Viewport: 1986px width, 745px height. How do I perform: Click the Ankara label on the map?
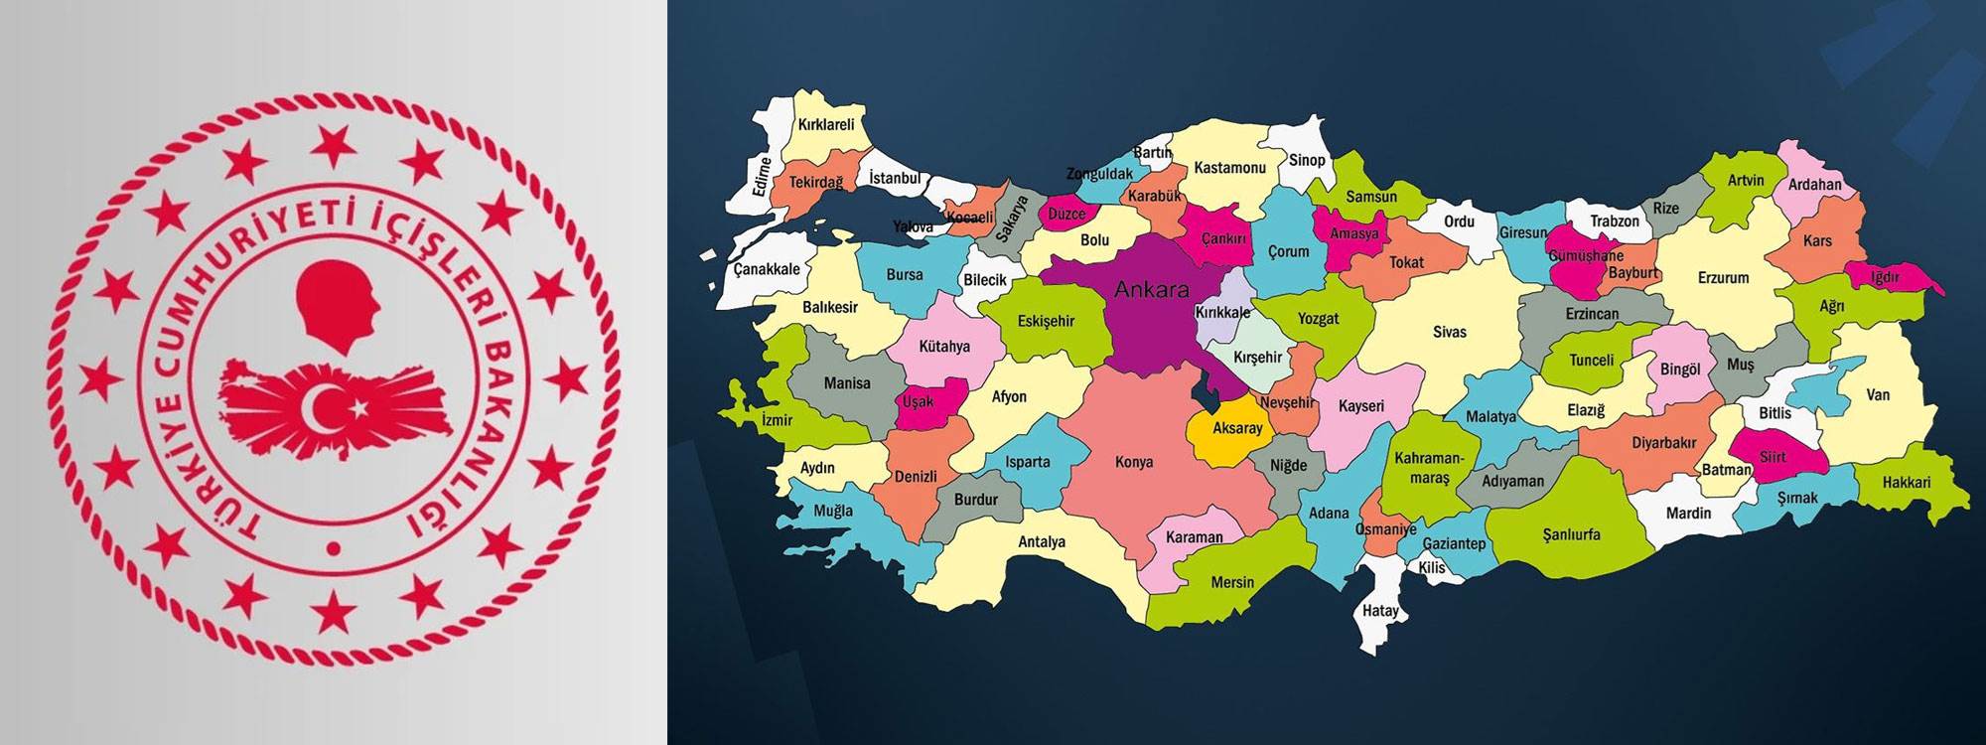pos(1151,290)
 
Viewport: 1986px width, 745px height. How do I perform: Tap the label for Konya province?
pos(1133,462)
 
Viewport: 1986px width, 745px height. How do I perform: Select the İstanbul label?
pos(894,178)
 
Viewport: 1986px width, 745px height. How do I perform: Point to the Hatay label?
pos(1379,610)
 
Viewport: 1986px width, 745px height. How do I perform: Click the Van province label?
pos(1877,394)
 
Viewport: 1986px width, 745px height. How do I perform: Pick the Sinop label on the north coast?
pos(1306,160)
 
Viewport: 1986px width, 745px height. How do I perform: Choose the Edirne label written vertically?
pos(762,177)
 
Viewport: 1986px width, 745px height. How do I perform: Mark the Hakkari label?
pos(1906,483)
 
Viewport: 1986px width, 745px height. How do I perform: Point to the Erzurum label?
pos(1723,278)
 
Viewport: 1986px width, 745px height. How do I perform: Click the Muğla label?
pos(832,511)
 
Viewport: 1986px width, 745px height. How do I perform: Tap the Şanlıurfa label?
pos(1571,534)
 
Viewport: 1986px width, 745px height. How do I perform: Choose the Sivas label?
pos(1449,332)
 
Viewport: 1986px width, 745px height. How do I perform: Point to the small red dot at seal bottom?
pos(334,548)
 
